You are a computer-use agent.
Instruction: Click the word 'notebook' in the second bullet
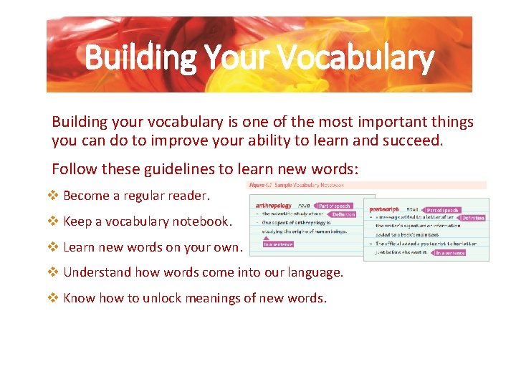coord(205,221)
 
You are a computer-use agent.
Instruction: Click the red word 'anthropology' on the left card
coord(274,205)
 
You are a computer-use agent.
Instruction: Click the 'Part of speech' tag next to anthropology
coord(334,205)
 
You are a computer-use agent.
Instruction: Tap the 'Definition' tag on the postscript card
coord(473,218)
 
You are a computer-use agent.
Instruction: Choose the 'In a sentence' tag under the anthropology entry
coord(278,244)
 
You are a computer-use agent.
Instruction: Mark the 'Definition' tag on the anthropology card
coord(343,214)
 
